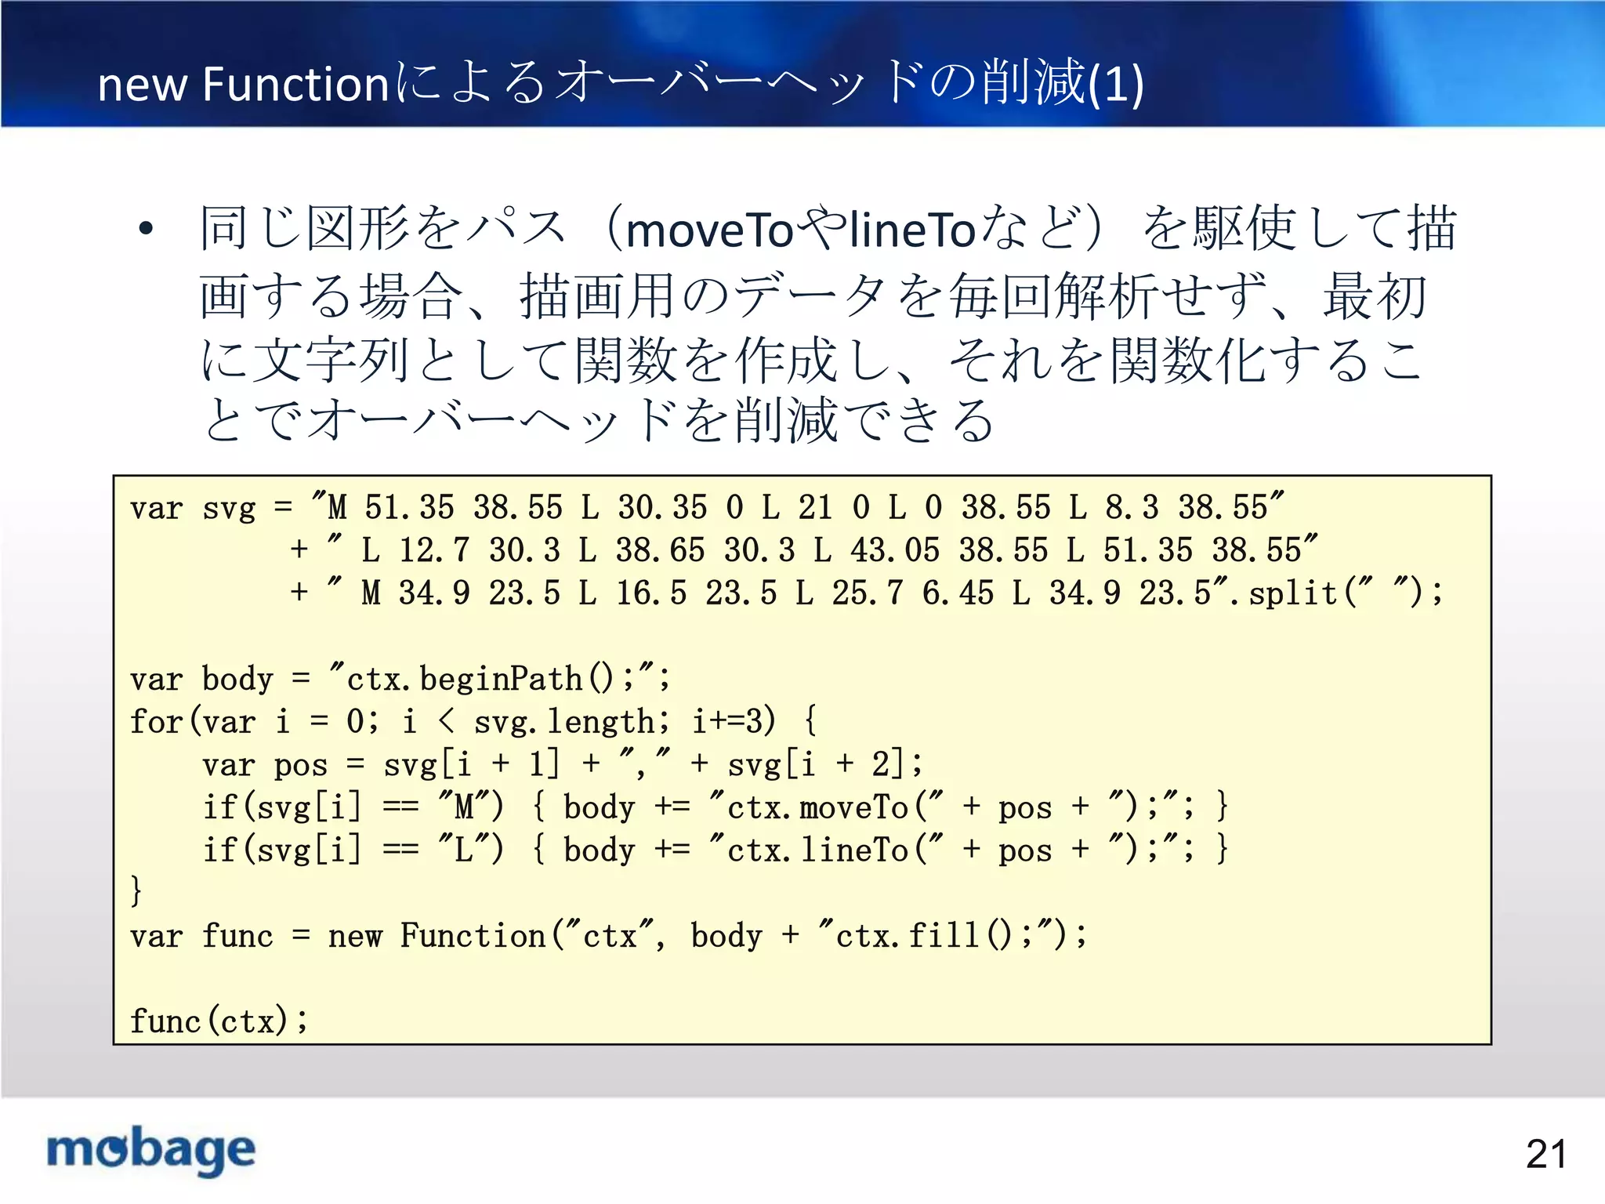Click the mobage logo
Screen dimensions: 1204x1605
[x=151, y=1150]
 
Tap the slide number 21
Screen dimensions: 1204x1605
[x=1545, y=1154]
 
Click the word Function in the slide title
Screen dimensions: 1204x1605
[x=295, y=84]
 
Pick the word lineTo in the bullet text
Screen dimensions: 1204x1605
[x=912, y=230]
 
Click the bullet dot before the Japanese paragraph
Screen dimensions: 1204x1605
[x=146, y=230]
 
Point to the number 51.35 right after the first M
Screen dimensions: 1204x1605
[x=409, y=507]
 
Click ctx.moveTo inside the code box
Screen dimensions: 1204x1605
[x=817, y=807]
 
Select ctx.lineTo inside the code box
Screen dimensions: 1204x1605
[x=817, y=850]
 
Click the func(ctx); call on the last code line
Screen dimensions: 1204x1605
[x=219, y=1021]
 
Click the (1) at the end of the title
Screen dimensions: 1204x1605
[x=1116, y=84]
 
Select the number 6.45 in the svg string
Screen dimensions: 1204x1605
[x=958, y=593]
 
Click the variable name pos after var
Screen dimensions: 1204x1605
[x=300, y=764]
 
